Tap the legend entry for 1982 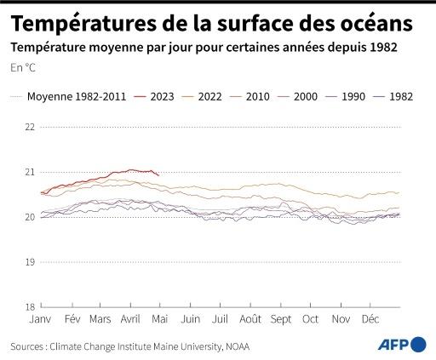click(398, 96)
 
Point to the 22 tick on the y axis click(30, 127)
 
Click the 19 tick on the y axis click(30, 261)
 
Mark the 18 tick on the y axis click(30, 306)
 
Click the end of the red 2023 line click(158, 174)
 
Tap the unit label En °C click(24, 66)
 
